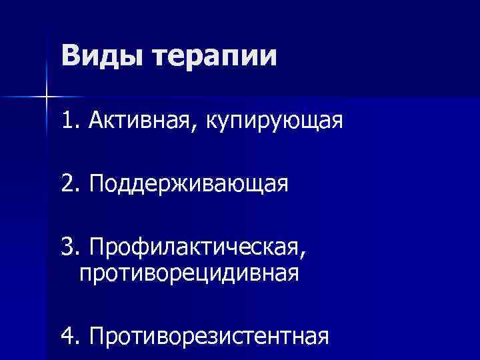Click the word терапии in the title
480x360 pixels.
point(215,56)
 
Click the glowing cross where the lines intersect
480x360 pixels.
point(46,97)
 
